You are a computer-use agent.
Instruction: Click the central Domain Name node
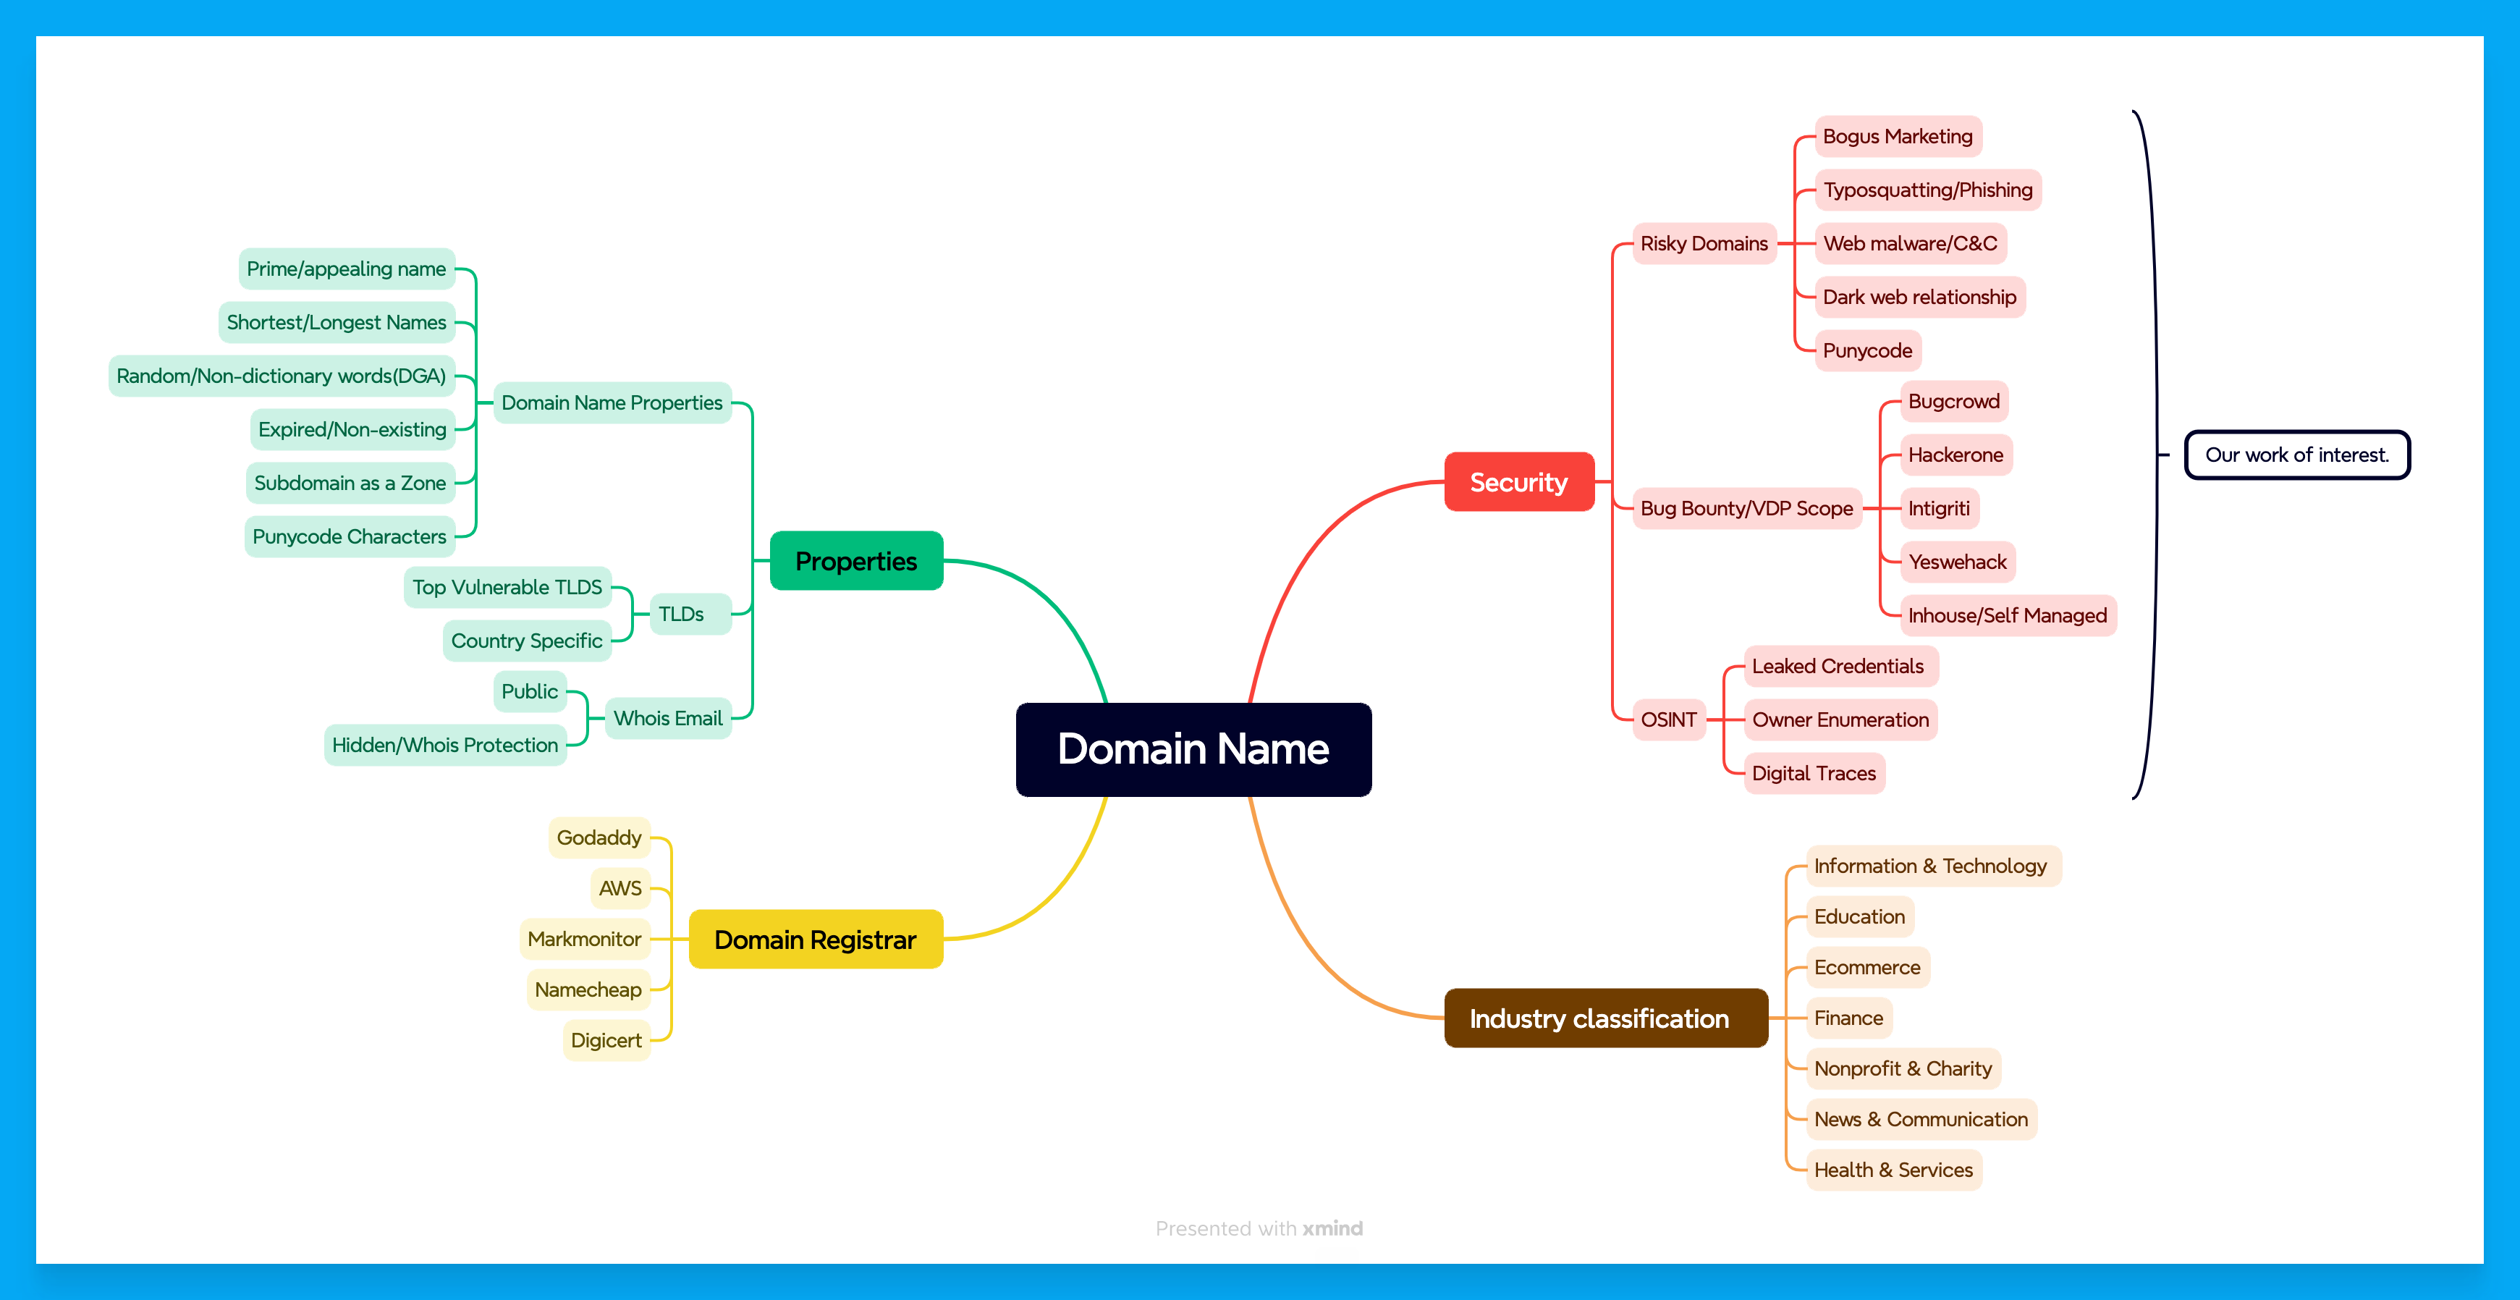pos(1193,749)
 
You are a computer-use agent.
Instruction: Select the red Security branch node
pos(1519,481)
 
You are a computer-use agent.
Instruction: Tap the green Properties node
pos(856,560)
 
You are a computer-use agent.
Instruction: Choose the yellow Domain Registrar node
pos(816,939)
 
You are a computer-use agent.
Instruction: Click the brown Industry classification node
pos(1605,1018)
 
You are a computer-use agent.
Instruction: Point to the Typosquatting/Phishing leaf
pos(1927,190)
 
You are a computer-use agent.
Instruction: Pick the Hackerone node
pos(1955,455)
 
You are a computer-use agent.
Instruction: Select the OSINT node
pos(1669,720)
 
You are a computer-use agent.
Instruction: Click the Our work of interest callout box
pos(2297,455)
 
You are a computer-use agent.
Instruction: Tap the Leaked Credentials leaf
pos(1838,666)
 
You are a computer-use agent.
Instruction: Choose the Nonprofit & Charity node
pos(1903,1068)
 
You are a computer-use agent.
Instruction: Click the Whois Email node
pos(668,718)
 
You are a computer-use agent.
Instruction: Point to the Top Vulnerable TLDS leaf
pos(508,587)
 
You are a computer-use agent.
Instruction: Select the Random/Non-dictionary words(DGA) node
pos(282,376)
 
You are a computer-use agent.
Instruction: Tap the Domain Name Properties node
pos(612,402)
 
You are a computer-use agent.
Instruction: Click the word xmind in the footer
pos(1332,1228)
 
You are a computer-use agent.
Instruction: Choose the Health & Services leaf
pos(1893,1170)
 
